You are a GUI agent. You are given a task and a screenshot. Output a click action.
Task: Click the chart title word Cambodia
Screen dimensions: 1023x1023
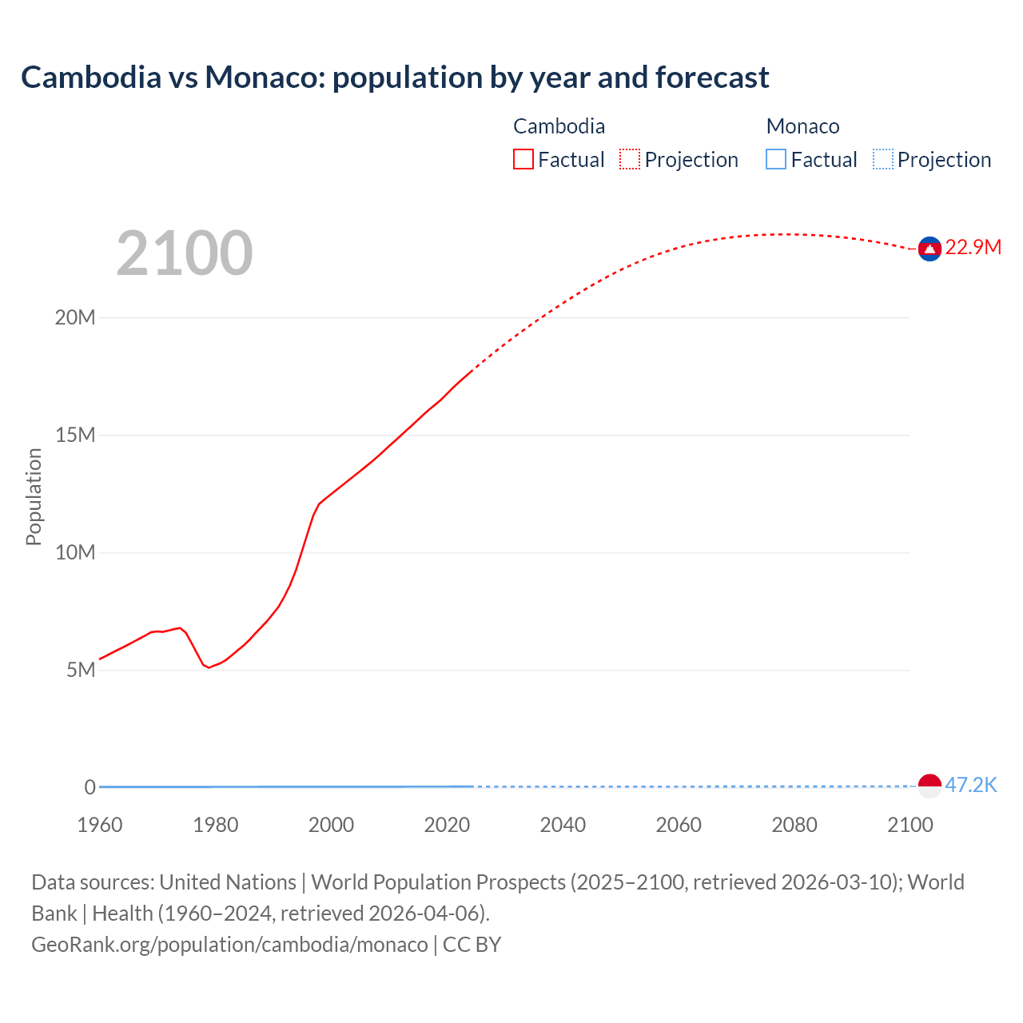(x=90, y=78)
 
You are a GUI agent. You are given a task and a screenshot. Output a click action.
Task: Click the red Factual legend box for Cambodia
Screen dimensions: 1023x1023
(x=523, y=160)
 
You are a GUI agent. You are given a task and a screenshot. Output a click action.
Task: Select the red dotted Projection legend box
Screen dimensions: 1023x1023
(x=630, y=160)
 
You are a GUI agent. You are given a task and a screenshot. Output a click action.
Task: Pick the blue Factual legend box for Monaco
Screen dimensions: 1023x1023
(x=776, y=160)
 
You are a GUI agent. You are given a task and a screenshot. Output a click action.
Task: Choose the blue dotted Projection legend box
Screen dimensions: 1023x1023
(x=883, y=160)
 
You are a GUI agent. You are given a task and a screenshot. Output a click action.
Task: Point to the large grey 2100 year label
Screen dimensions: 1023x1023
(x=185, y=253)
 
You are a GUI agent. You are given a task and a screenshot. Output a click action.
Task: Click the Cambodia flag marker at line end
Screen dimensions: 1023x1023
(x=929, y=249)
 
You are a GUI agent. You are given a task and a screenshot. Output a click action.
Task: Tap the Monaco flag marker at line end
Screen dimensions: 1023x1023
(x=929, y=786)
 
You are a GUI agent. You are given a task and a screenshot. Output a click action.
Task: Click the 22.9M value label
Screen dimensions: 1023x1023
(x=973, y=247)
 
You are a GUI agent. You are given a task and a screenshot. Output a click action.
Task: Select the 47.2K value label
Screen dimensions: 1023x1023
(x=971, y=785)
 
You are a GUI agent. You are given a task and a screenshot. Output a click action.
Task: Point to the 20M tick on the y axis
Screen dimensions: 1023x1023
(x=75, y=318)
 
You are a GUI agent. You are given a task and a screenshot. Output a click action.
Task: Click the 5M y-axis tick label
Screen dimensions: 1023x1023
(x=81, y=670)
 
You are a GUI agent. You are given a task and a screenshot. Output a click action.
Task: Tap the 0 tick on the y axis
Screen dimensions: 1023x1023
(x=90, y=787)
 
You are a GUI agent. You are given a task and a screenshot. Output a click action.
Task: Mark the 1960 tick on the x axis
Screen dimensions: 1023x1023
(x=100, y=825)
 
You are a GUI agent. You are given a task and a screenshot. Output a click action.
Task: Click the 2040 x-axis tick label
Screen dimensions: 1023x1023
(x=563, y=825)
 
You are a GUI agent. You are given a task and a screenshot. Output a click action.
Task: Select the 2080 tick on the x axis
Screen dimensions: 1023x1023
(x=794, y=825)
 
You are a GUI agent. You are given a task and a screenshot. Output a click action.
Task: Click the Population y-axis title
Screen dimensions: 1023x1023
(x=34, y=496)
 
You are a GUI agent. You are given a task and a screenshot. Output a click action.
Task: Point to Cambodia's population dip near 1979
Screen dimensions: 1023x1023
(x=209, y=667)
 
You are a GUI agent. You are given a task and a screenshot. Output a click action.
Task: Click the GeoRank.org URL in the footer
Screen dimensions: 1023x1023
(x=229, y=945)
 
